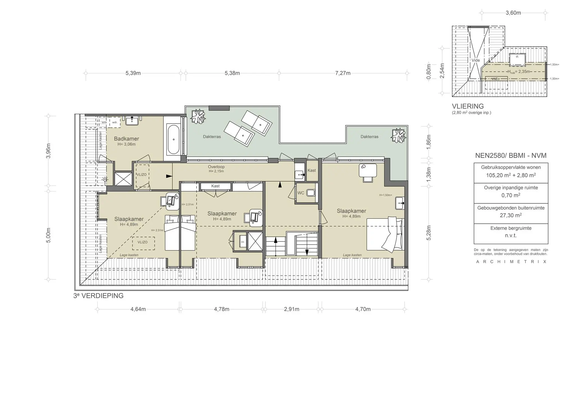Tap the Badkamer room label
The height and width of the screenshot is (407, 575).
(126, 139)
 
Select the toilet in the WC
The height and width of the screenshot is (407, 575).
(311, 193)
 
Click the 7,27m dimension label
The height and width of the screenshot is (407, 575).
(343, 73)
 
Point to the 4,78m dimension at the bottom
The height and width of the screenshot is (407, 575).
(222, 309)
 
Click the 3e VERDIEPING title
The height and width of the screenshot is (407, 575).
(98, 296)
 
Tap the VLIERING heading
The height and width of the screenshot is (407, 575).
(468, 106)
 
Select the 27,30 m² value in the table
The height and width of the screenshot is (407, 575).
(510, 215)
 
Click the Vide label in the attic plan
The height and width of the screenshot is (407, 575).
(476, 60)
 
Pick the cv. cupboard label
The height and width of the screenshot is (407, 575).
(243, 242)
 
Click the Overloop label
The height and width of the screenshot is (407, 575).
(216, 167)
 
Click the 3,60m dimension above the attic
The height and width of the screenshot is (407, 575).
(513, 13)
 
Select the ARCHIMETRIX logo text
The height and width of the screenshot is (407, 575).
(511, 262)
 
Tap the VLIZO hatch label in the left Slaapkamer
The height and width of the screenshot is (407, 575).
(143, 242)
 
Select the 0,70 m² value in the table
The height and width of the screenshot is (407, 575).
(510, 195)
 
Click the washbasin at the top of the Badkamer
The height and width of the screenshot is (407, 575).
(132, 121)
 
